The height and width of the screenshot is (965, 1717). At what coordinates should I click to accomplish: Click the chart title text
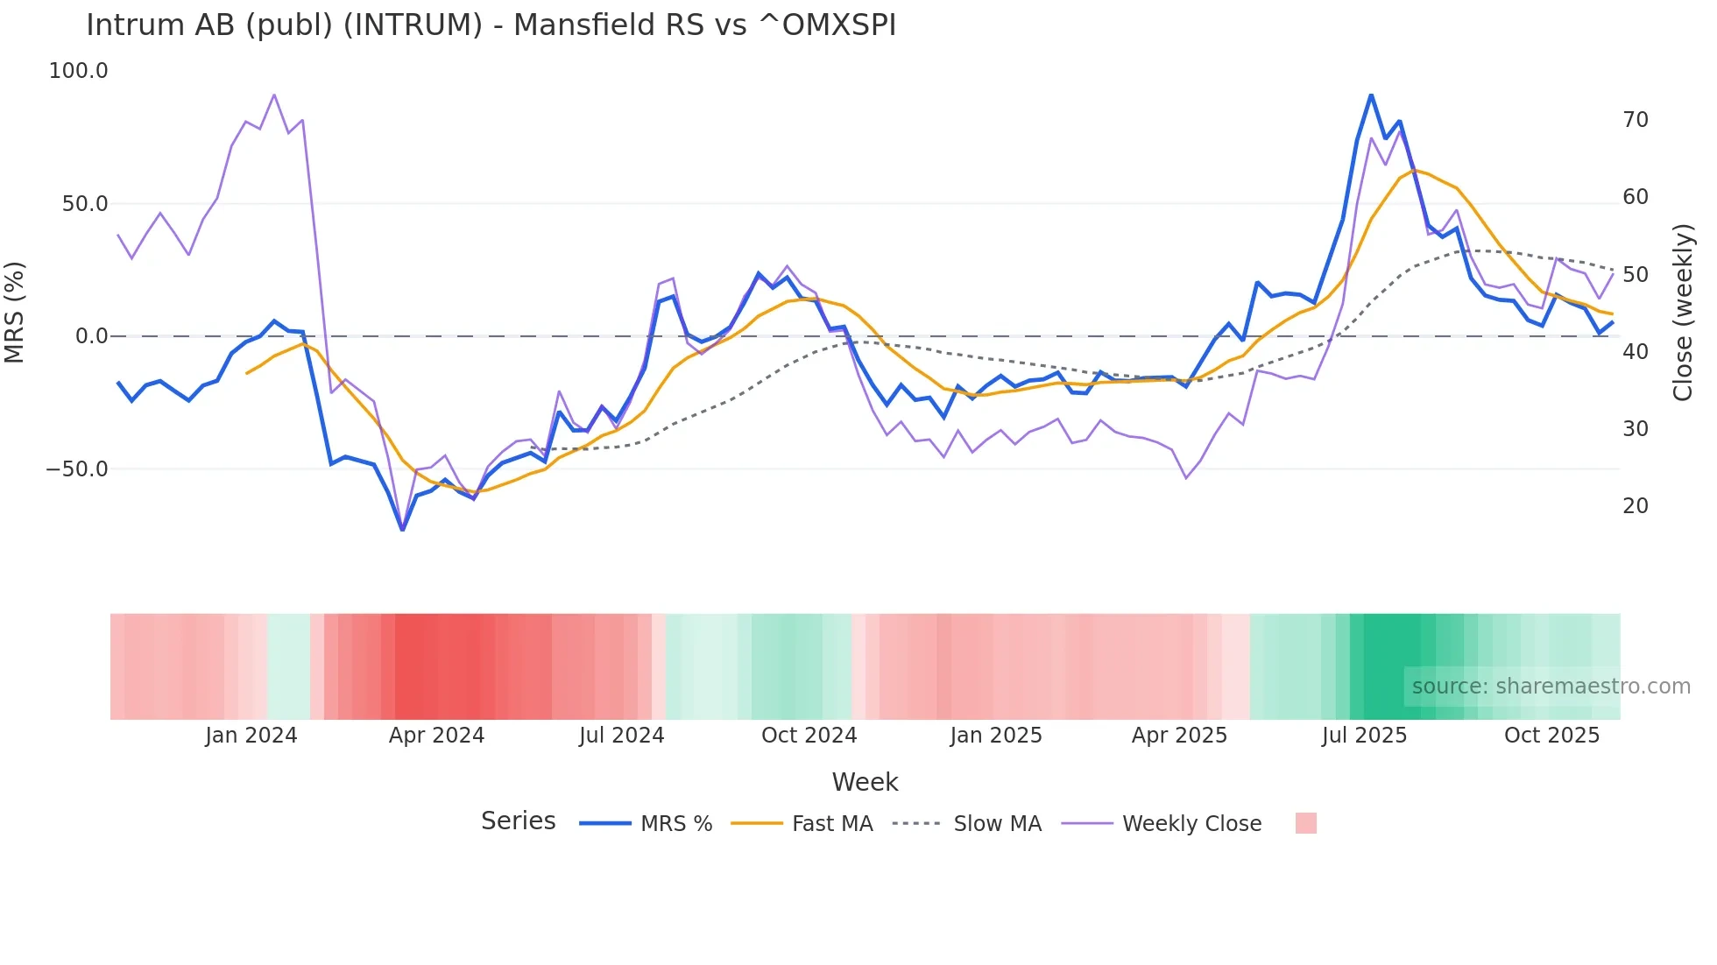(x=491, y=25)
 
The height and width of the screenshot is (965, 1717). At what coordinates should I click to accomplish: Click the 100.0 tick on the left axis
(x=78, y=71)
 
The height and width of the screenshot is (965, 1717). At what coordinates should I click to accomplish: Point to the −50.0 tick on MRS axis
(x=77, y=469)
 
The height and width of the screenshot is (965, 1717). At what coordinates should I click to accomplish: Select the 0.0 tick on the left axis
(x=91, y=336)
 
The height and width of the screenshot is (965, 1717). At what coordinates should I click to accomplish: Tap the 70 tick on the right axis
(x=1635, y=120)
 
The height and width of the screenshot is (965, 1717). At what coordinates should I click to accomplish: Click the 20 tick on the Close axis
(x=1635, y=506)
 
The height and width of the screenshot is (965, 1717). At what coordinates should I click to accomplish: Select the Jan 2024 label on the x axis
(x=251, y=736)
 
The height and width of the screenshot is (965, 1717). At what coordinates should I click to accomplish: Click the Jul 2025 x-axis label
(x=1364, y=736)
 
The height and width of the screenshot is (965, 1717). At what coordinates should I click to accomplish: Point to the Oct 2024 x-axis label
(x=809, y=736)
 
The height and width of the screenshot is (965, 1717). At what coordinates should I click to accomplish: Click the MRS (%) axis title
(x=15, y=312)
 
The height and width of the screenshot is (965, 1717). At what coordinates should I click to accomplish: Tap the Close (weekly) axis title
(x=1682, y=312)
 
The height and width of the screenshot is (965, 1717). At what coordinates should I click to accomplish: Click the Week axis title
(x=865, y=782)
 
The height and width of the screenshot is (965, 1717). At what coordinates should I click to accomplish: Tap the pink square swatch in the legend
(x=1305, y=823)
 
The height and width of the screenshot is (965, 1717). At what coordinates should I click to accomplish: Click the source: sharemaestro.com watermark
(x=1551, y=687)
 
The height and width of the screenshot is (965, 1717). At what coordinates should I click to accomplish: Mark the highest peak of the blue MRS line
(x=1371, y=95)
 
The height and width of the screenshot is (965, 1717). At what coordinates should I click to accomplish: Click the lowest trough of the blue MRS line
(x=402, y=530)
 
